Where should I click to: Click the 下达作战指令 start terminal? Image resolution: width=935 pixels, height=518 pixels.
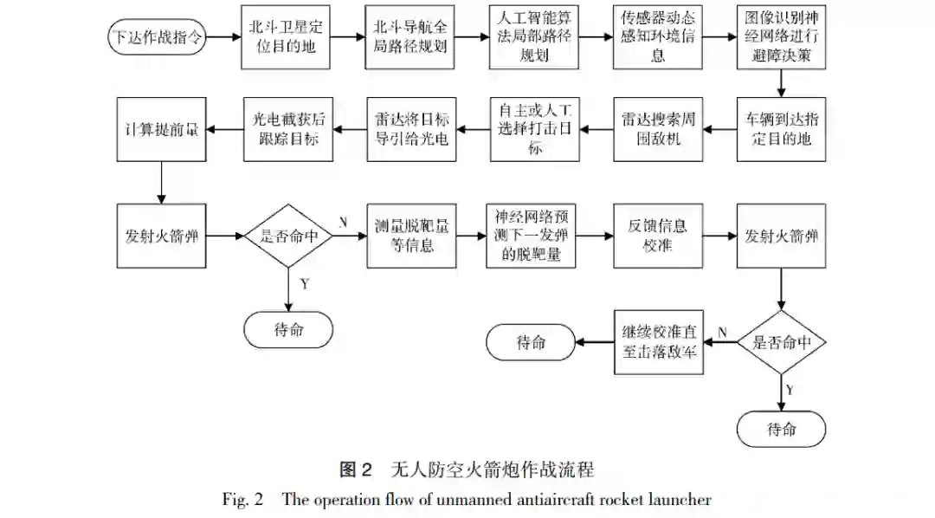pyautogui.click(x=157, y=37)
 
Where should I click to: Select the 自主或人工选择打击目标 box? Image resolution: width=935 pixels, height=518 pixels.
pyautogui.click(x=534, y=129)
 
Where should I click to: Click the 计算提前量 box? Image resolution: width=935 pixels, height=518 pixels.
pyautogui.click(x=161, y=129)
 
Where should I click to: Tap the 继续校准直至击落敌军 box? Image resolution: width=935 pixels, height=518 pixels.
pyautogui.click(x=658, y=342)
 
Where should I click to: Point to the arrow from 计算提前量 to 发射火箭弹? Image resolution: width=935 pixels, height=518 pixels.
pyautogui.click(x=161, y=181)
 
